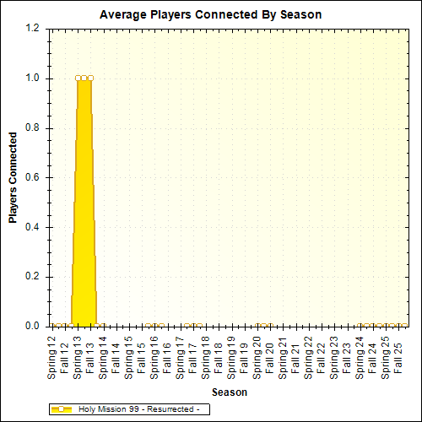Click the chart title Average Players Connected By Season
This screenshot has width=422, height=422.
[x=210, y=15]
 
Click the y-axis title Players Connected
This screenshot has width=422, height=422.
[x=13, y=177]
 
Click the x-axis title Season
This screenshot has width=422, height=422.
[x=229, y=392]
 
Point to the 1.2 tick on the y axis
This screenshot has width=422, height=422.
[x=32, y=29]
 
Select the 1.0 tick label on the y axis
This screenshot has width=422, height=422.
[x=32, y=78]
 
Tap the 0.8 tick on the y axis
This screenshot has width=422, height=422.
[x=32, y=128]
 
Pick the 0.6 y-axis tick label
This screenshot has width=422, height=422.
[x=32, y=177]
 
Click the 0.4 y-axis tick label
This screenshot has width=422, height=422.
[x=32, y=227]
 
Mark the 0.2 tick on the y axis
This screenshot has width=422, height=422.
[x=32, y=277]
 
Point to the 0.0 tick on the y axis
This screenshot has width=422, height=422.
[x=32, y=326]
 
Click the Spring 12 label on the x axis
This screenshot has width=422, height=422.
[x=54, y=354]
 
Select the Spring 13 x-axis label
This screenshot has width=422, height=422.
[x=79, y=354]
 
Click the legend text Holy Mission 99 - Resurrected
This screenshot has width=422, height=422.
[x=138, y=409]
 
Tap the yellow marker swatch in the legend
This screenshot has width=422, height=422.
[x=62, y=409]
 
